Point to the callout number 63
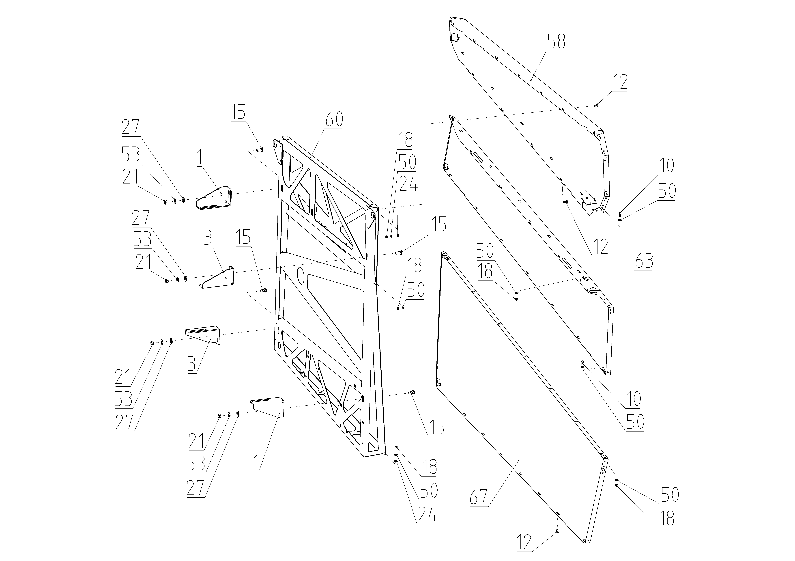644,261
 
